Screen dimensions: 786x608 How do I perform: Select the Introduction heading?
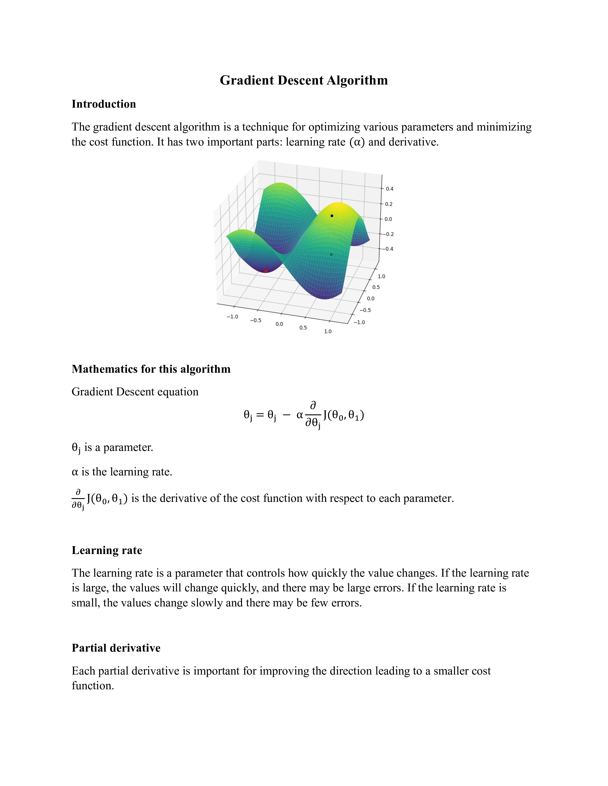(104, 104)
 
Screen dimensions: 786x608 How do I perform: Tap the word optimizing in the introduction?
(335, 127)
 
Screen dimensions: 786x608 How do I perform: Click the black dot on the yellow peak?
(332, 216)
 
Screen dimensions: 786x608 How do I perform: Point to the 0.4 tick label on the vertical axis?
(389, 189)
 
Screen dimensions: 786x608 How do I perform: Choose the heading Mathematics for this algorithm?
(151, 369)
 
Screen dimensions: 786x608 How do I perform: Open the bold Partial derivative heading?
(116, 648)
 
